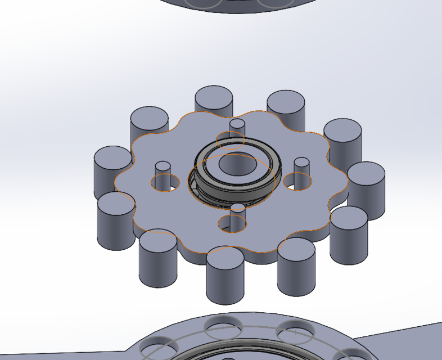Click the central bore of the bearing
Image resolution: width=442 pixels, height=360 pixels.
click(x=236, y=164)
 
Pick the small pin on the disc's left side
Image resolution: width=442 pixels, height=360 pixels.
click(x=163, y=169)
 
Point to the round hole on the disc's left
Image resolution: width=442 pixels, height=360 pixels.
click(x=164, y=182)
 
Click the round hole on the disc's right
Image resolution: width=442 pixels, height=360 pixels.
click(x=298, y=181)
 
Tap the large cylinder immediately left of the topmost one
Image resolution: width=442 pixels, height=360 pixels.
click(x=149, y=122)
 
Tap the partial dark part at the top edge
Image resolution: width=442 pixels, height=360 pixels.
click(x=236, y=4)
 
